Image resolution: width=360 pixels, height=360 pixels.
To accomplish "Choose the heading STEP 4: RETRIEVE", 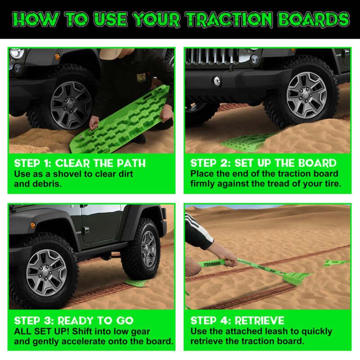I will [x=238, y=321].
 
